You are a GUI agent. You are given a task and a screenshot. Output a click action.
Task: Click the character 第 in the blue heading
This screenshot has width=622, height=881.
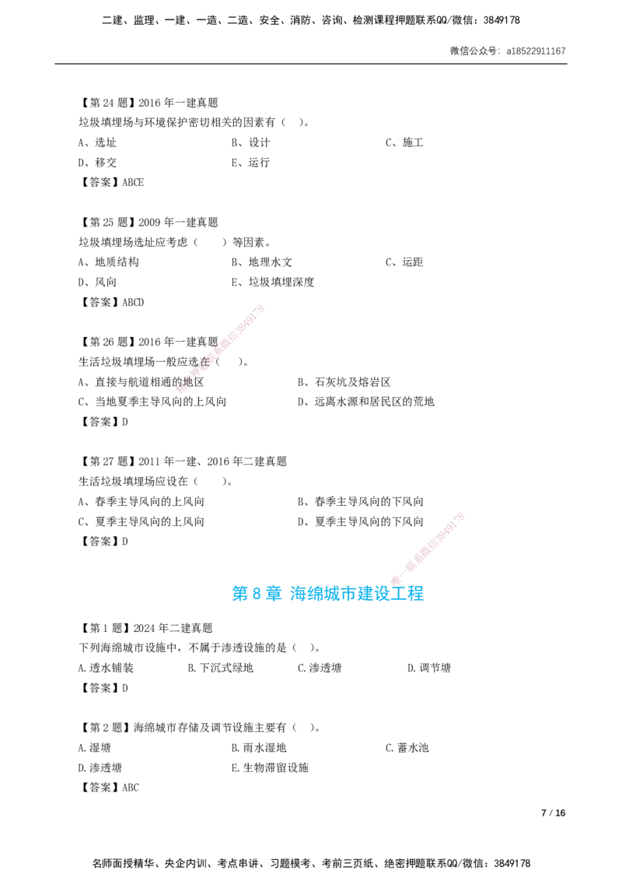[238, 594]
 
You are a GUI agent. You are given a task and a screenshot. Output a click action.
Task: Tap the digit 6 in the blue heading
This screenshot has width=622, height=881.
[256, 594]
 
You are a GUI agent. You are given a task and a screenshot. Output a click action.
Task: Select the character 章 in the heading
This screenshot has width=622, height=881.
[273, 594]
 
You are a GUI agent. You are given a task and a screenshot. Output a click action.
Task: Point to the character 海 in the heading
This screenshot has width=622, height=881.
[298, 594]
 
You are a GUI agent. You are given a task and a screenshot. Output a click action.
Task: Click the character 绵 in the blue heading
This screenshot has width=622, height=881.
[315, 594]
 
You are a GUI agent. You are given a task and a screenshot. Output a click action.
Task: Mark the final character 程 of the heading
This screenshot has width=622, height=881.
[418, 594]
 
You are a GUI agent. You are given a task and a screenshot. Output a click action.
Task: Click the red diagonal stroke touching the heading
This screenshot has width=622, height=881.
[428, 549]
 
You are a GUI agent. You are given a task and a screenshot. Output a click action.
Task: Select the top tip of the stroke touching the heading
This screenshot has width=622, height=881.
[461, 515]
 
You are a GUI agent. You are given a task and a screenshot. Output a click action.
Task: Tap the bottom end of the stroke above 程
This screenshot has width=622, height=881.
[394, 582]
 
